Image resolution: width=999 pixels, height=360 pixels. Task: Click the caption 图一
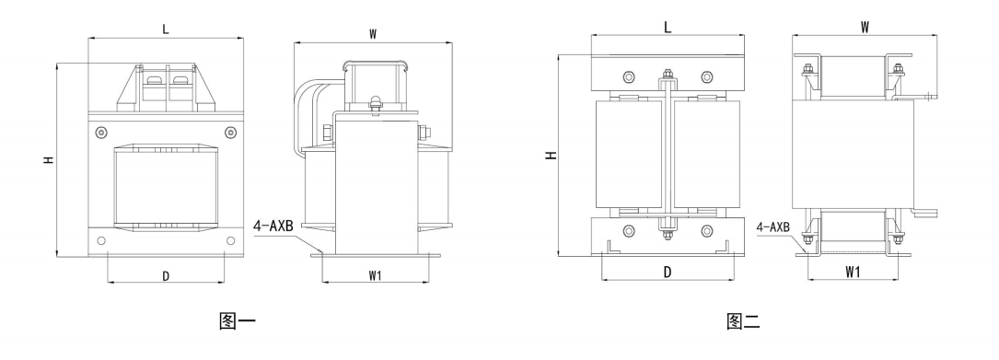(237, 320)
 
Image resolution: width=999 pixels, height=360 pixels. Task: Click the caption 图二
(744, 321)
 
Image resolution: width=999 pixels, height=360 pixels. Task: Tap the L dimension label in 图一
(166, 29)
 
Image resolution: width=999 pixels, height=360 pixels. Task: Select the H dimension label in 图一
(49, 160)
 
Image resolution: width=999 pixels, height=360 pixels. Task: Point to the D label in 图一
(166, 276)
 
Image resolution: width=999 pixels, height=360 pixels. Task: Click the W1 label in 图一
(376, 275)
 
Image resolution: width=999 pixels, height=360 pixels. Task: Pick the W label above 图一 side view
(373, 34)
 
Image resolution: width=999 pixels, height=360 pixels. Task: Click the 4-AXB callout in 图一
(273, 226)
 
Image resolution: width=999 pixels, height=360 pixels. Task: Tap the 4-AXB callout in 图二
(773, 226)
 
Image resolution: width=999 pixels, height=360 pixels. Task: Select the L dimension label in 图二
(668, 27)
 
